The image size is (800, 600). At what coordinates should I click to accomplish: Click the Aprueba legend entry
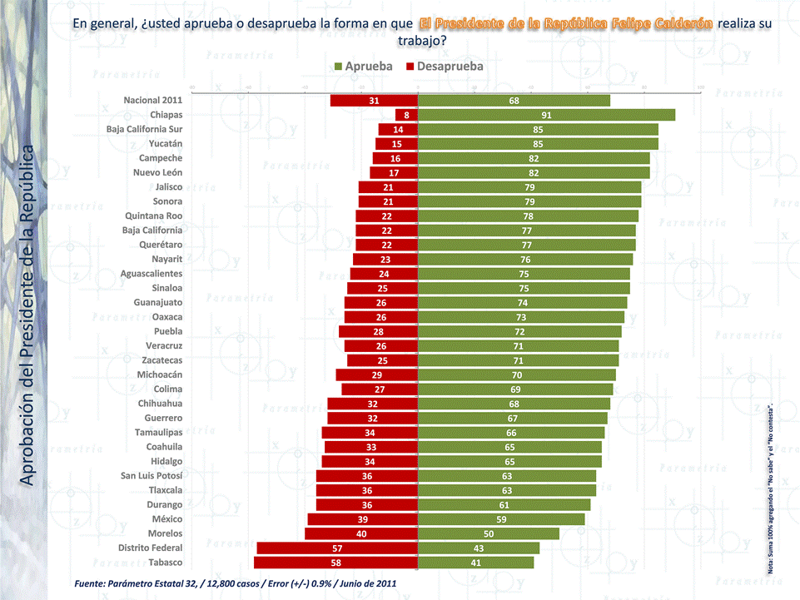pos(363,66)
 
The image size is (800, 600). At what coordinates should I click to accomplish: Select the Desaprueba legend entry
pos(445,66)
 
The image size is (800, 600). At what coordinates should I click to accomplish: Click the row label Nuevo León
pos(157,172)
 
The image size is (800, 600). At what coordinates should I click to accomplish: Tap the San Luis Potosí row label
pos(152,476)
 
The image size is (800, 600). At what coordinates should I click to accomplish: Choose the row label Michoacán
pos(160,375)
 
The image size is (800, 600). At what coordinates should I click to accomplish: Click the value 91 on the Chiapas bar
pos(546,115)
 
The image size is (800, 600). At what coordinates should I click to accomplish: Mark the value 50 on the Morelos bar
pos(489,534)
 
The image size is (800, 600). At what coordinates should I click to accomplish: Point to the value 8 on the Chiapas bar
pos(406,115)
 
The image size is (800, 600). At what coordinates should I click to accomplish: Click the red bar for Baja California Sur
pos(398,130)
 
